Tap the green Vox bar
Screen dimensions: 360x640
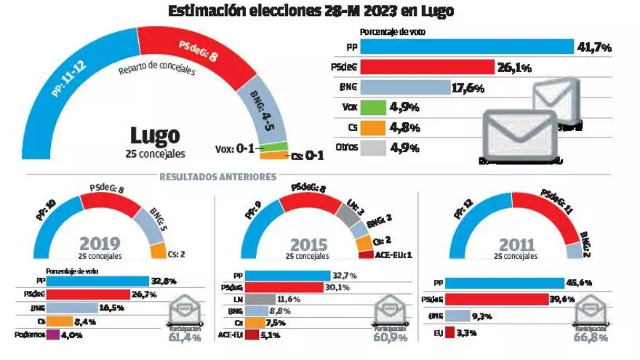(x=372, y=108)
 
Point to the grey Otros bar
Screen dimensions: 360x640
(x=372, y=148)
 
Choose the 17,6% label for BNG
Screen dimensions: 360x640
(x=470, y=89)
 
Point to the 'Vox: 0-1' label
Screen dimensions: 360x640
(x=234, y=149)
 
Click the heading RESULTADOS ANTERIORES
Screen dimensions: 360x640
(x=217, y=176)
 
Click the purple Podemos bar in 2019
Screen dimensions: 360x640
(x=52, y=335)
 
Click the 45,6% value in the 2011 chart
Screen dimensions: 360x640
(x=582, y=282)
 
